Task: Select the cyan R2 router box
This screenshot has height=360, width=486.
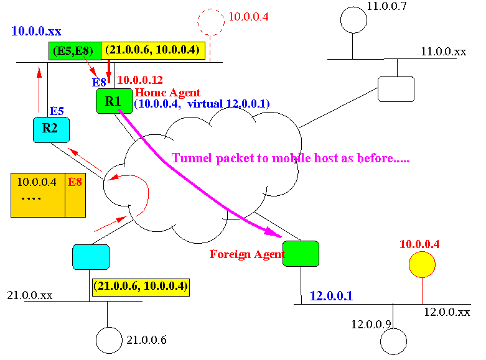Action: (50, 130)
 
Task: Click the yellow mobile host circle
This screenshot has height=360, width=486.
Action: (421, 264)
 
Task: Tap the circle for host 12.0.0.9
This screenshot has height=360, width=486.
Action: (392, 341)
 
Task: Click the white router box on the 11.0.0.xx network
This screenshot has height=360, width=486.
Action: (396, 89)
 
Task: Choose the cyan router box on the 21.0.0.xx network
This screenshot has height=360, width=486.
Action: (91, 257)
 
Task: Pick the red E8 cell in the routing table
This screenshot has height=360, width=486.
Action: (75, 182)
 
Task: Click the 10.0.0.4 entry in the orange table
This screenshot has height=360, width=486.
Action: (38, 182)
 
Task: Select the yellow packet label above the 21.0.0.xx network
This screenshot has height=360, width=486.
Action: (140, 287)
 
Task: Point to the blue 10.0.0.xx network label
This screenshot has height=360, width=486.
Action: (36, 30)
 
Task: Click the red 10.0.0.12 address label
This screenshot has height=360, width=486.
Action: (140, 80)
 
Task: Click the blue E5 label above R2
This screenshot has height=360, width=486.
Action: (57, 111)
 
